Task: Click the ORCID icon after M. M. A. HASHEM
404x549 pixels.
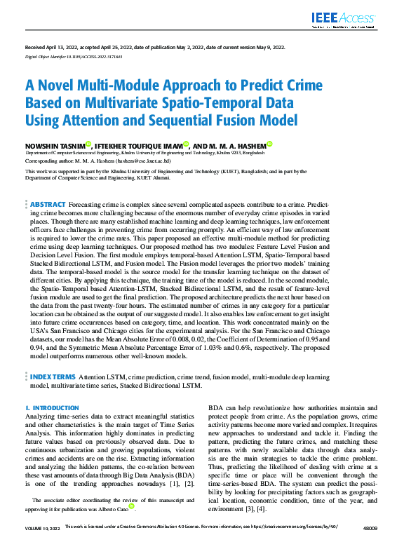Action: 270,144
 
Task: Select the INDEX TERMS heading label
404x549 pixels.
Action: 53,377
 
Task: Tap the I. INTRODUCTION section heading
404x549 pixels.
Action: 52,407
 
